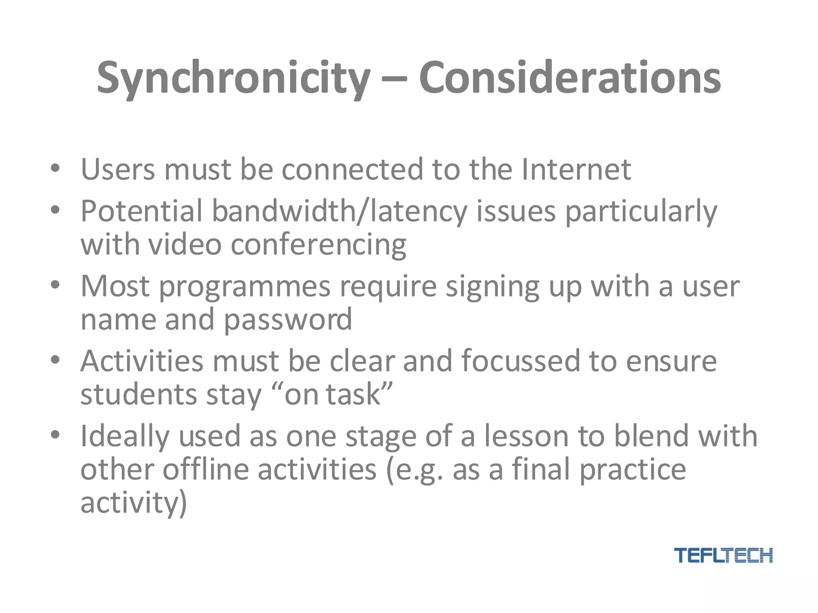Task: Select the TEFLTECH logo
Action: point(723,555)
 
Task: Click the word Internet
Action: point(576,169)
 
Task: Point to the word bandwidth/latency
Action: point(339,211)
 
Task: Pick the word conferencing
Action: point(318,244)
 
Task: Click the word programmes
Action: point(245,287)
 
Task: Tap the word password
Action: point(288,319)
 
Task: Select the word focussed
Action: point(520,361)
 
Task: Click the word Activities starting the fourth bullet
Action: point(142,361)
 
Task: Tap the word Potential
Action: point(141,211)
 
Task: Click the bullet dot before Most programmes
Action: point(55,285)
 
